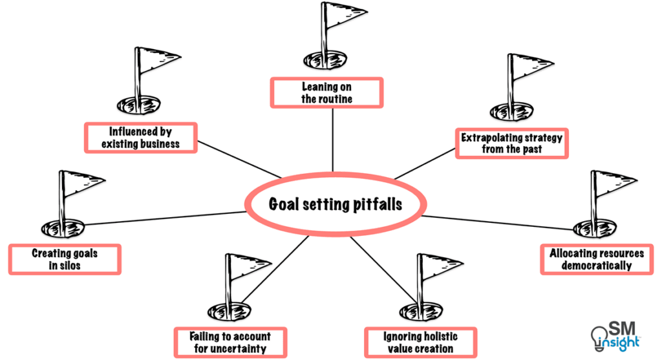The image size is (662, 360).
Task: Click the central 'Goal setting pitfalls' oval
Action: (334, 204)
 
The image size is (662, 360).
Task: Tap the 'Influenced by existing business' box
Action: (140, 138)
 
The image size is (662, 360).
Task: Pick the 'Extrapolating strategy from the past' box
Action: (511, 143)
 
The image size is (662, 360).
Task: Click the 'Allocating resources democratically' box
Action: (596, 259)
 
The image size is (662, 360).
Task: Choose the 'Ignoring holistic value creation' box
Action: (420, 342)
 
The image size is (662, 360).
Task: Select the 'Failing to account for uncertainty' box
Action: (230, 342)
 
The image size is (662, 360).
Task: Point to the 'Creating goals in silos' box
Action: (65, 259)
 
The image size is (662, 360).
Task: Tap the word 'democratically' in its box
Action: (596, 266)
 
